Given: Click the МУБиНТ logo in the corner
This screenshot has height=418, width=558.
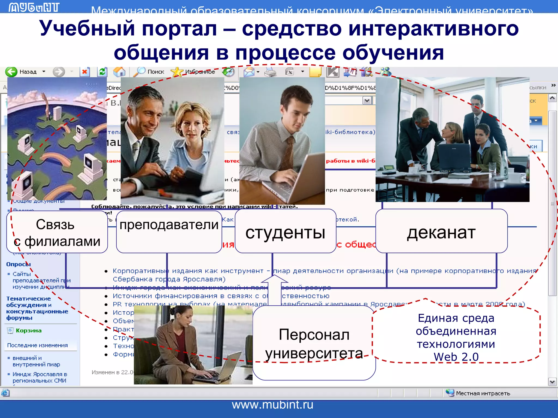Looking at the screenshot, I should [x=34, y=7].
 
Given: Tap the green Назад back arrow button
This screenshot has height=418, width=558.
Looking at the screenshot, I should [x=12, y=72].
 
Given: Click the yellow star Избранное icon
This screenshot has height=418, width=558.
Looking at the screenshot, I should [x=177, y=72].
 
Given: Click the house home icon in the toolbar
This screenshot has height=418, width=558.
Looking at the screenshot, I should [x=119, y=72].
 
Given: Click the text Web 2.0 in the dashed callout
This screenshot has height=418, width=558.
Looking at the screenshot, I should [x=456, y=357].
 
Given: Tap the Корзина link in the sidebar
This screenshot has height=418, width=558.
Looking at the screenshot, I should [x=28, y=330].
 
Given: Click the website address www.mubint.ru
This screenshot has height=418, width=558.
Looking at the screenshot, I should [x=272, y=405].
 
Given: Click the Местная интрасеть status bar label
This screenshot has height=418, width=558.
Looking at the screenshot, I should [x=483, y=393].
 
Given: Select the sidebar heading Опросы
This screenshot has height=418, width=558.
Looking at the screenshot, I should [x=18, y=264].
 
